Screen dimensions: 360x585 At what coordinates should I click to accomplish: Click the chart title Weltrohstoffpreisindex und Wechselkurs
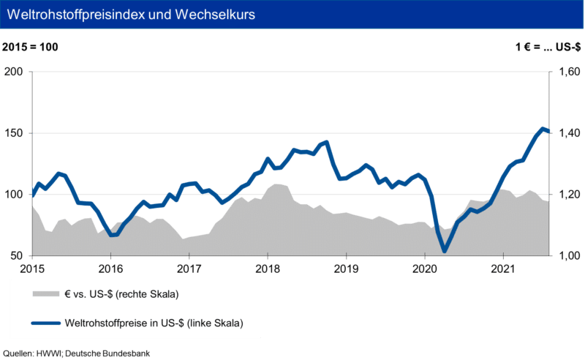click(131, 14)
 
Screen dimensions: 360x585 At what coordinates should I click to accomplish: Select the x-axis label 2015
click(31, 269)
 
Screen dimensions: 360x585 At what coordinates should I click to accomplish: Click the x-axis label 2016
click(110, 269)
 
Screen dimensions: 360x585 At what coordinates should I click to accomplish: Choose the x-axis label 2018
click(268, 269)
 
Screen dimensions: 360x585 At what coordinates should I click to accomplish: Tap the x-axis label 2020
click(425, 269)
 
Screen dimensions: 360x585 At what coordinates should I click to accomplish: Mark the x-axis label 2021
click(503, 269)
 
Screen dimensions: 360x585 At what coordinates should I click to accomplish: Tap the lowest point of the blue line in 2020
click(445, 251)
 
